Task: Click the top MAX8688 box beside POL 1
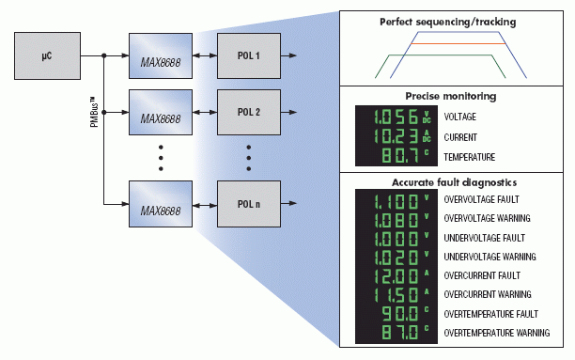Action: tap(161, 56)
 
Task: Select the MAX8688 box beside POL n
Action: tap(161, 205)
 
